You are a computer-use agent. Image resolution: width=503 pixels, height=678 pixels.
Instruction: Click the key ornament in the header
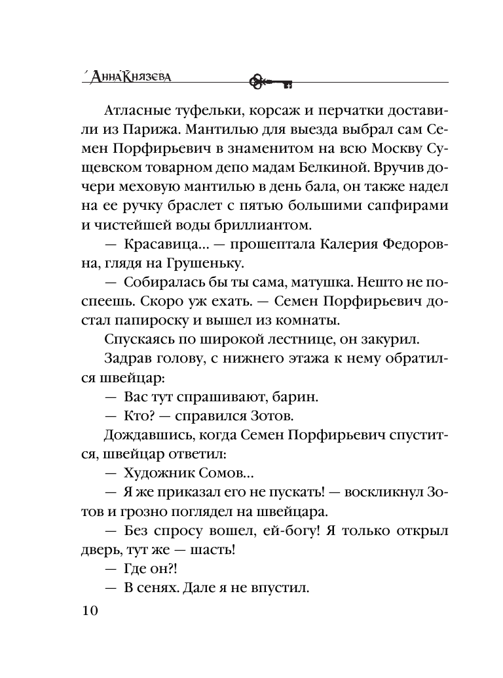pos(270,81)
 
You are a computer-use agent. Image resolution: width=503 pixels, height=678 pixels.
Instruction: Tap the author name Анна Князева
pos(128,76)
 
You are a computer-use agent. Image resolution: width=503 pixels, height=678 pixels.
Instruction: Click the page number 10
pos(89,610)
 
